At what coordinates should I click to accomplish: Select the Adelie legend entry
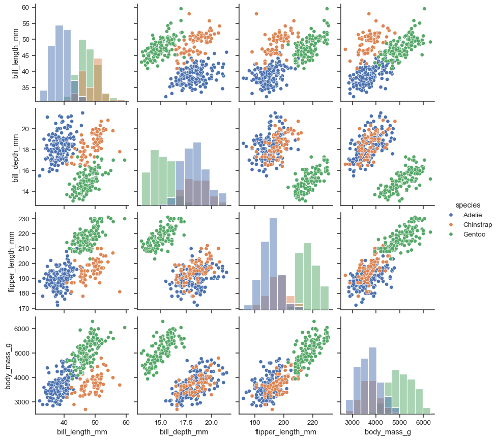coord(473,215)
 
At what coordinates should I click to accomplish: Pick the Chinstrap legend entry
coord(477,225)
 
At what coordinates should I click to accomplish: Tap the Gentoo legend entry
coord(474,234)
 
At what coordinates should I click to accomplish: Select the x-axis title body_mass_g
coord(387,432)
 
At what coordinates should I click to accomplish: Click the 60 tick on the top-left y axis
coord(25,8)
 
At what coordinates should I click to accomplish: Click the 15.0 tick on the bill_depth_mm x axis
coord(161,422)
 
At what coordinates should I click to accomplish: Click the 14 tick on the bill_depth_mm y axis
coord(25,191)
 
